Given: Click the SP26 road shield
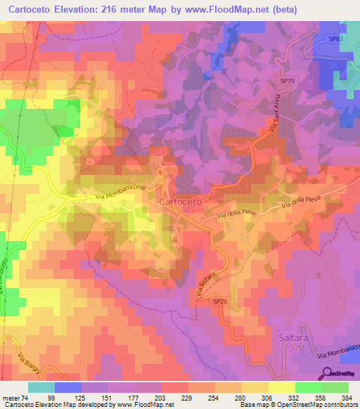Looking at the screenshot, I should point(220,301).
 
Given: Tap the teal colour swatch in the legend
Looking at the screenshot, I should point(41,387).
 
